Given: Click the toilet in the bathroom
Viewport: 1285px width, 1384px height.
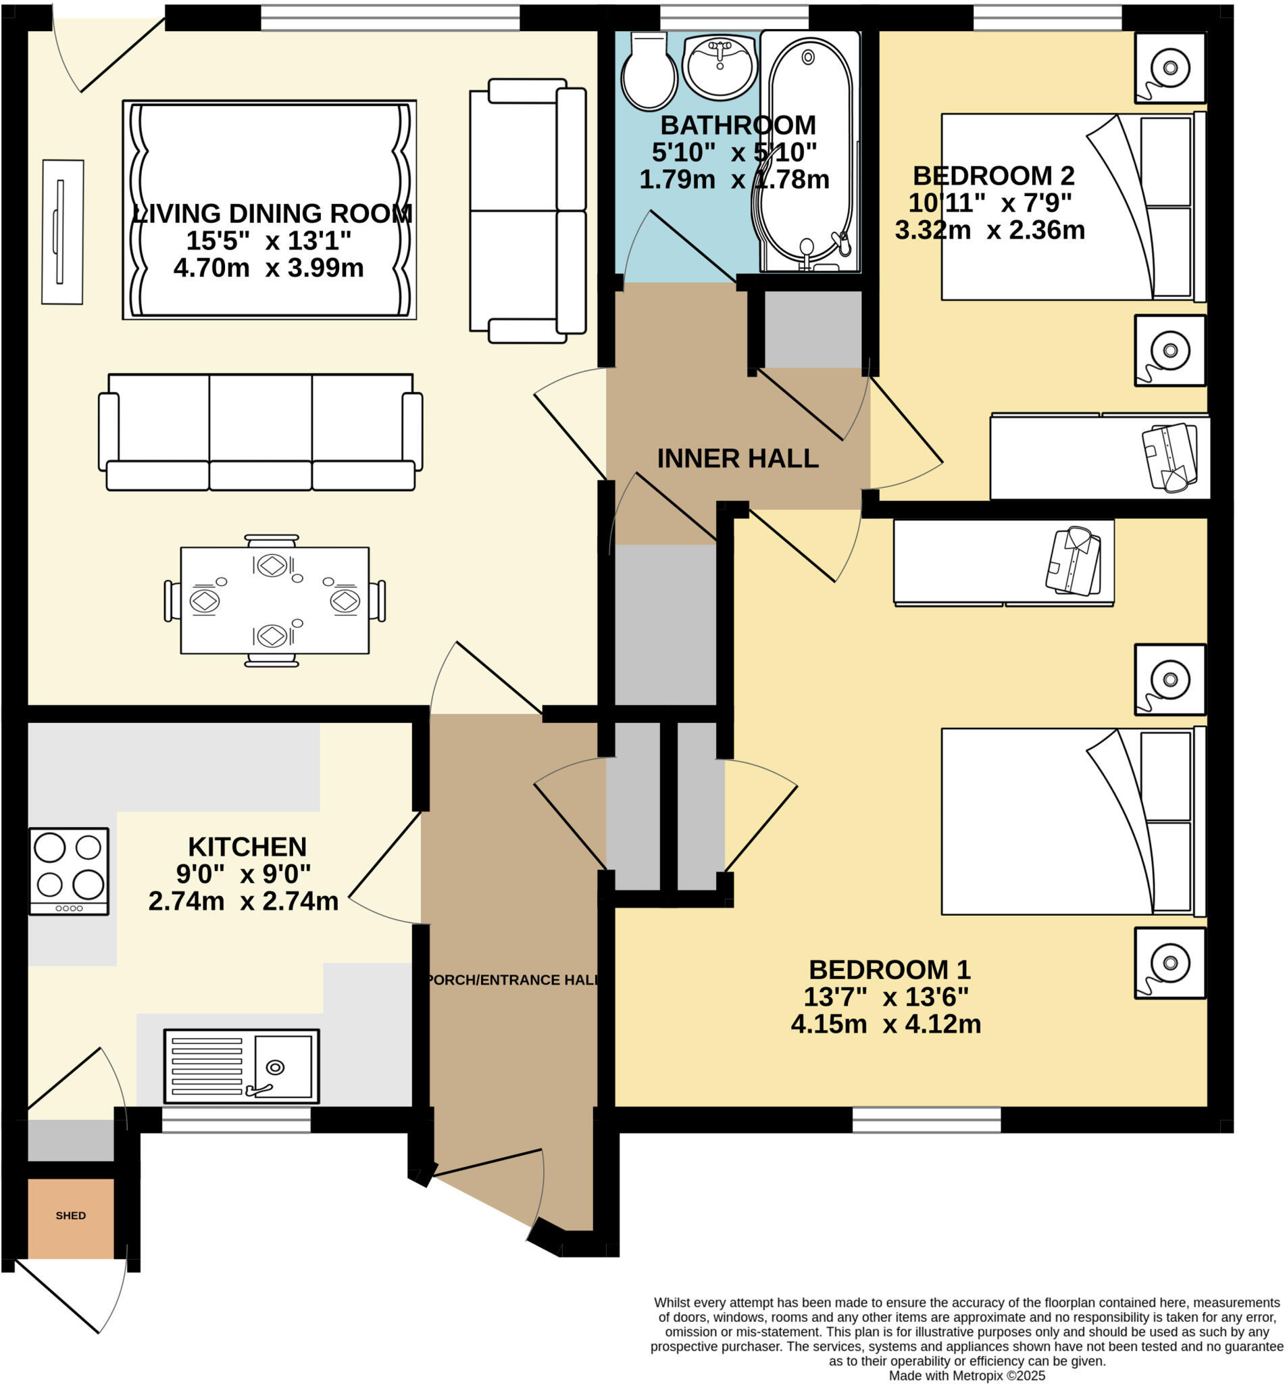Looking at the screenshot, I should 648,73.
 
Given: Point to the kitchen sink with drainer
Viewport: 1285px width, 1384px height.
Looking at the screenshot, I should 241,1066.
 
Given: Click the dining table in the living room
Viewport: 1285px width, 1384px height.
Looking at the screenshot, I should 275,600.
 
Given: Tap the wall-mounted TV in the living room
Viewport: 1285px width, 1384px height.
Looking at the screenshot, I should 62,232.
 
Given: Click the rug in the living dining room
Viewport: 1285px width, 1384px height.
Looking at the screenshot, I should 269,209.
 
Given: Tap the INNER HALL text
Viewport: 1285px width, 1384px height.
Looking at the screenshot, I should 737,458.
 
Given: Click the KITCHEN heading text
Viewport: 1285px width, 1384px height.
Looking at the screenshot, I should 247,846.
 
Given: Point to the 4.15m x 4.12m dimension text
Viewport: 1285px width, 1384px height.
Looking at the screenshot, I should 885,1024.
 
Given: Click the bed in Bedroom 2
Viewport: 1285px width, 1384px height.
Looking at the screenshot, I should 1071,207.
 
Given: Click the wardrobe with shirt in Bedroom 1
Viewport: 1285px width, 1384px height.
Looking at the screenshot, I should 1003,562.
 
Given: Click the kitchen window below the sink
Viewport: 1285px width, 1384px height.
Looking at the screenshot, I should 236,1120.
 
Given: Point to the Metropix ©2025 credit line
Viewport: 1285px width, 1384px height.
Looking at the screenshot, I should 967,1375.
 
